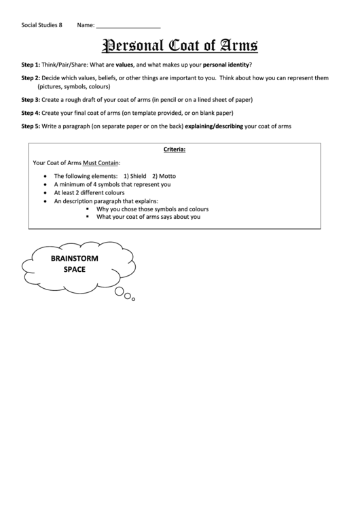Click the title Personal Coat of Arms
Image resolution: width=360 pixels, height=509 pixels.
pos(180,46)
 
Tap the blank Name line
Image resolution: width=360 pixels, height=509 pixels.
pos(128,26)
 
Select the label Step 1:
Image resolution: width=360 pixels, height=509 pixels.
pos(31,65)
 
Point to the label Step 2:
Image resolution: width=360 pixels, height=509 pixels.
pos(31,78)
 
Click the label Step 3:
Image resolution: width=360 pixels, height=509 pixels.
pos(31,99)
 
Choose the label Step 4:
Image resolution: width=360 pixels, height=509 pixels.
pos(31,113)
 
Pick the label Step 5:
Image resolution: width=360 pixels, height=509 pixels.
pos(31,126)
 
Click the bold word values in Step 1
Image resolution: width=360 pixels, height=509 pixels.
pos(124,65)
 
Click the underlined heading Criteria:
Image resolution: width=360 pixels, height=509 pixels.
pos(175,149)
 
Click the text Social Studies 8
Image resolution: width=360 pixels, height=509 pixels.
pos(41,26)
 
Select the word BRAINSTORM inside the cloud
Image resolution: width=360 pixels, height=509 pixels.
pos(75,259)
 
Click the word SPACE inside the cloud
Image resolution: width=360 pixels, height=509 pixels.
pos(75,270)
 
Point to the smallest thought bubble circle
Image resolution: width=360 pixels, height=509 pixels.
pos(134,299)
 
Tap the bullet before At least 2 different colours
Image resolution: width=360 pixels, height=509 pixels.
pos(45,193)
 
